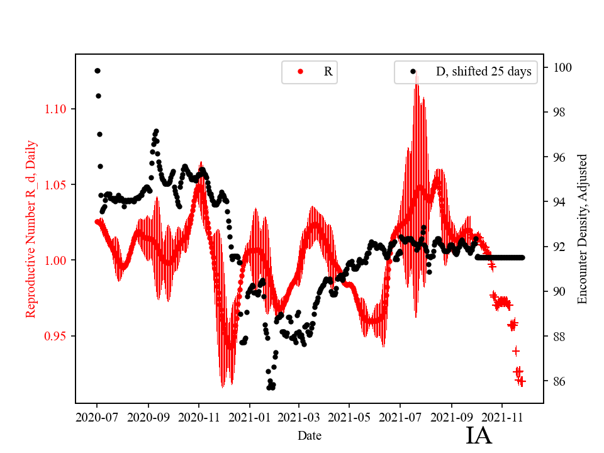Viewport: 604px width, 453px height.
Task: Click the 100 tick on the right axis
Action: coord(557,67)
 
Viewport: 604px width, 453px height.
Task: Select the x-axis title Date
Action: coord(310,435)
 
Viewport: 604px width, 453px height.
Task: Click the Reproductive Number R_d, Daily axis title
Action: coord(31,228)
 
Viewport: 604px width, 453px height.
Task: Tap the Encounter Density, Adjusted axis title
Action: coord(582,228)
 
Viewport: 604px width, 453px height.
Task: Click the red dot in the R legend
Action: coord(300,72)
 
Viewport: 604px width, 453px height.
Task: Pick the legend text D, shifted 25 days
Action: coord(483,72)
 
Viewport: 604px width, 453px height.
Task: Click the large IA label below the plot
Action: coord(479,435)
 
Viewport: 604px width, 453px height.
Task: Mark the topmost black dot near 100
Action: coord(98,70)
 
